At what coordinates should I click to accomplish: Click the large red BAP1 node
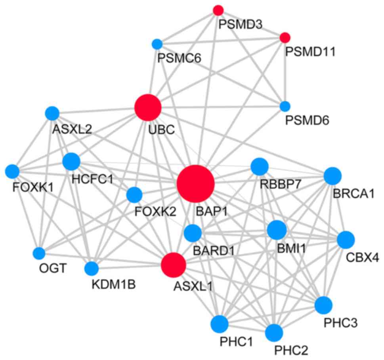pos(196,184)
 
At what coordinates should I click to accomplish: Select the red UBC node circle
pos(148,107)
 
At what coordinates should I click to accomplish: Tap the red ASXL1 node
pos(174,265)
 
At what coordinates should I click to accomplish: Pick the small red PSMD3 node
pos(218,10)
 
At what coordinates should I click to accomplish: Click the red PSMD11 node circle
pos(285,38)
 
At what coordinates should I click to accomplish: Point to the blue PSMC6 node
pos(157,44)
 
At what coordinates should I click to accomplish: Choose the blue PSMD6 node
pos(285,106)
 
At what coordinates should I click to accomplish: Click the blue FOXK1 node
pos(12,171)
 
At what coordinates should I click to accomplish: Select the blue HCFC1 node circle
pos(71,161)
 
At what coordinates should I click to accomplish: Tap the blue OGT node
pos(39,253)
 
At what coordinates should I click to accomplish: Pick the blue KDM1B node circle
pos(91,269)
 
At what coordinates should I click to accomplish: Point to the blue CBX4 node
pos(346,239)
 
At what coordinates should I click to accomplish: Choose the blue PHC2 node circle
pos(274,332)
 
